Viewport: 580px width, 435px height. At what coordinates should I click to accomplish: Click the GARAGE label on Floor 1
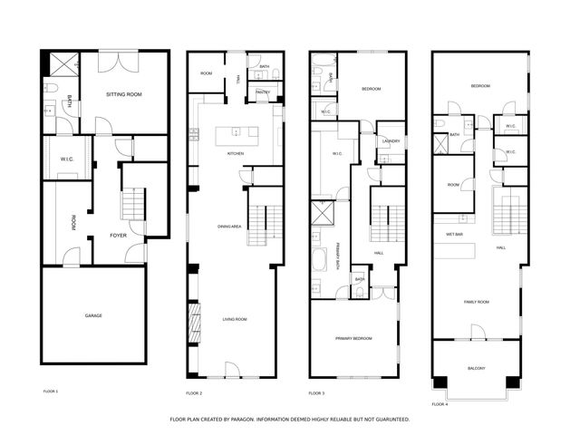(x=93, y=315)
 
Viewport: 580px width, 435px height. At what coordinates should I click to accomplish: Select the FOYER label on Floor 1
(x=118, y=235)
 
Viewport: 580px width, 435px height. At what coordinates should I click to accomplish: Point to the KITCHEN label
(x=236, y=153)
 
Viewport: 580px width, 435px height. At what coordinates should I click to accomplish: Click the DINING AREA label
(x=228, y=226)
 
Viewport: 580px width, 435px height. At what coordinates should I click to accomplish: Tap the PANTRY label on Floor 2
(x=263, y=92)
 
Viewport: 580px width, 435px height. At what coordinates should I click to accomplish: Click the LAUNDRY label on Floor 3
(x=391, y=141)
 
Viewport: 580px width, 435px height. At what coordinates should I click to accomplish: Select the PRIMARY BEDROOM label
(x=353, y=338)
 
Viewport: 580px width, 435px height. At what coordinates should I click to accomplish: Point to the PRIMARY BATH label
(x=338, y=257)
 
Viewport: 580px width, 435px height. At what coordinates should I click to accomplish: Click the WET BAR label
(x=455, y=234)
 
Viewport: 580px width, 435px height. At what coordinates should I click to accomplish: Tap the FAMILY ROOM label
(x=477, y=302)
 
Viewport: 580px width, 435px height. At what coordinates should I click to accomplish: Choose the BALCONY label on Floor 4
(x=477, y=368)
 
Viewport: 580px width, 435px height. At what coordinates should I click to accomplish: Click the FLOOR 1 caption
(x=51, y=391)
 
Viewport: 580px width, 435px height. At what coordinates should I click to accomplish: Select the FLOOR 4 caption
(x=440, y=403)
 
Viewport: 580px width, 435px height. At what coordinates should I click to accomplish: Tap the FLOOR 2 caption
(x=194, y=393)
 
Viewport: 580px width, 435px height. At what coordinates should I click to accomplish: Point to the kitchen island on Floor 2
(x=237, y=136)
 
